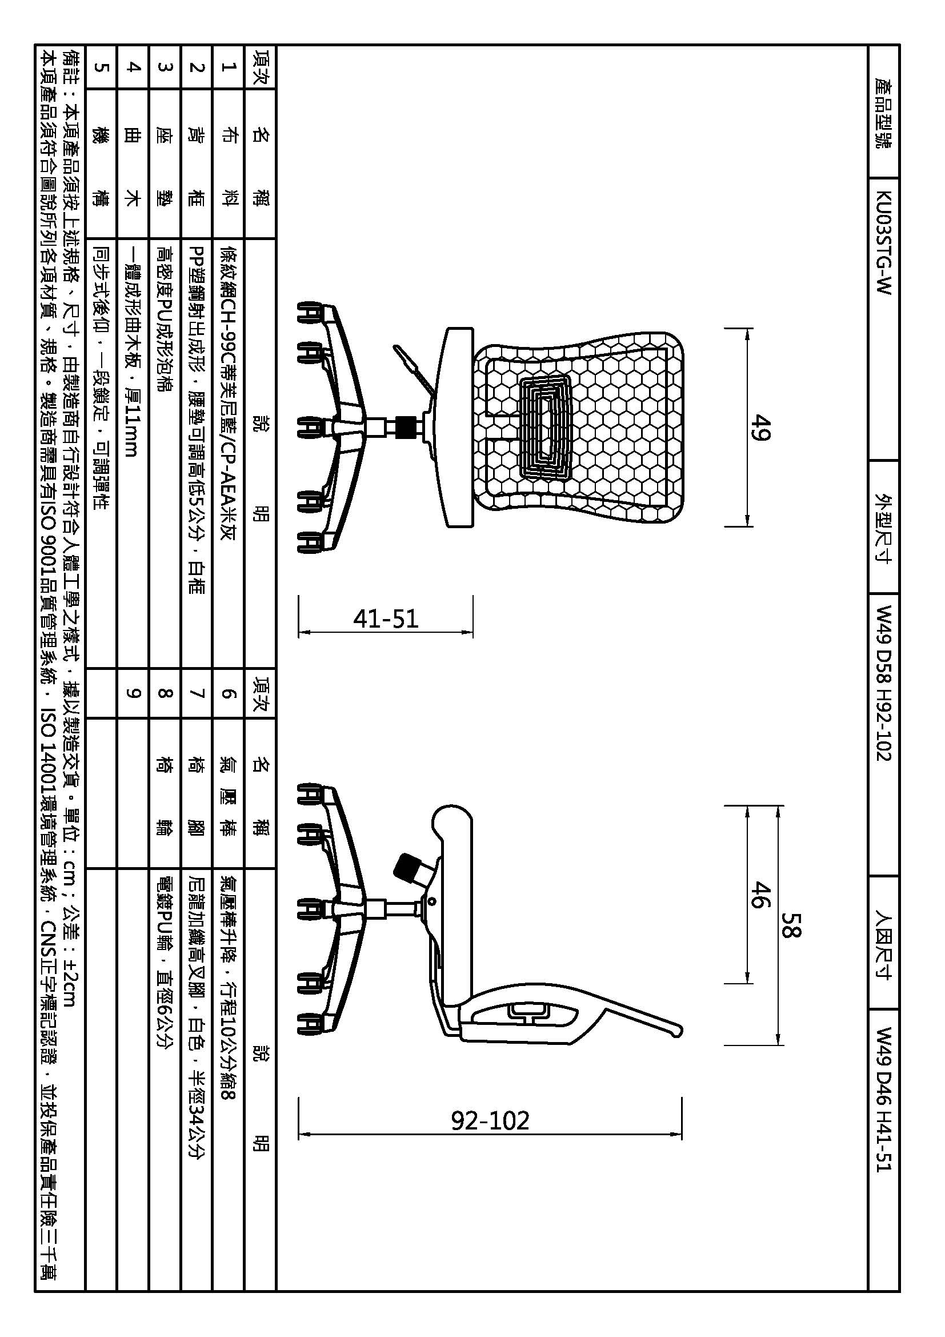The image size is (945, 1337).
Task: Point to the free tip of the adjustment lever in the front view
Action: coord(396,348)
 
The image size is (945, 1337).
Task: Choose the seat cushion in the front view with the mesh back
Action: coord(458,428)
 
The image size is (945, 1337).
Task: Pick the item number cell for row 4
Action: coord(133,67)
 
